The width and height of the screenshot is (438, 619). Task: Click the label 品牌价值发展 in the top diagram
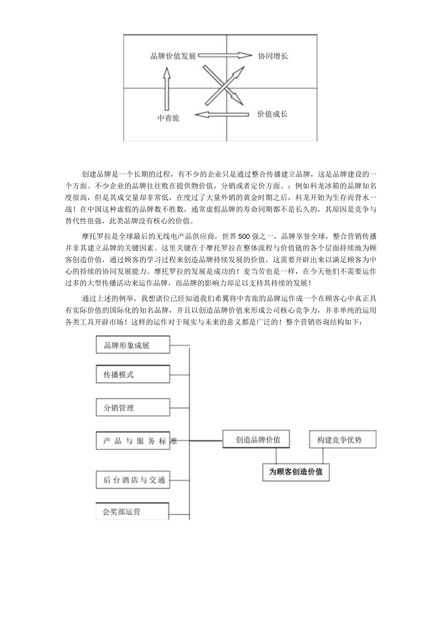[x=173, y=56]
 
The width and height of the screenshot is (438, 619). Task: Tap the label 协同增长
[x=273, y=56]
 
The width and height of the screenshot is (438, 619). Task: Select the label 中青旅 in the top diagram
[x=169, y=116]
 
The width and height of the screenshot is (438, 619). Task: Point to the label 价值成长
[x=272, y=114]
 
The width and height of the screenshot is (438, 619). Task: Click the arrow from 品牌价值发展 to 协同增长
[x=225, y=56]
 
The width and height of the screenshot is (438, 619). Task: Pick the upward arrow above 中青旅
[x=166, y=88]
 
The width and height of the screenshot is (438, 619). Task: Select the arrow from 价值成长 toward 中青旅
[x=222, y=115]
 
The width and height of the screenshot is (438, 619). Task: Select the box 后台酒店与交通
[x=133, y=480]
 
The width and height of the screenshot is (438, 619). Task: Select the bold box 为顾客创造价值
[x=296, y=472]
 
